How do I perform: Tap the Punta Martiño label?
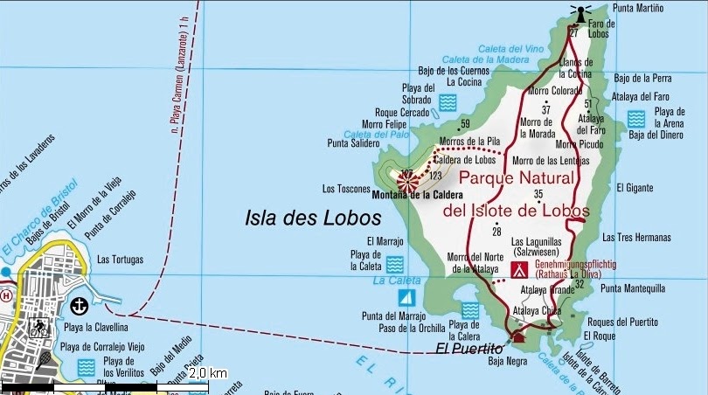[x=638, y=9]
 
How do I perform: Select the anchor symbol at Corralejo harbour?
[x=80, y=305]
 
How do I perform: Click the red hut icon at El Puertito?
[x=518, y=337]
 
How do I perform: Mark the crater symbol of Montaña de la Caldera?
[x=406, y=181]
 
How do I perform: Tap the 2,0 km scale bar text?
[x=208, y=373]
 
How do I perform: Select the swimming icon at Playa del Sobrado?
[x=448, y=103]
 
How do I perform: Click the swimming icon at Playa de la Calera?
[x=470, y=310]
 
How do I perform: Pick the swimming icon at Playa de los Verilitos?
[x=86, y=367]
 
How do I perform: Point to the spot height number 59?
[x=465, y=123]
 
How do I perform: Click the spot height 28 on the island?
[x=496, y=231]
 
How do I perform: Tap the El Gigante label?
[x=635, y=187]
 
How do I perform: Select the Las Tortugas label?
[x=119, y=260]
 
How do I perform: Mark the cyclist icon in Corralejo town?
[x=38, y=329]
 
